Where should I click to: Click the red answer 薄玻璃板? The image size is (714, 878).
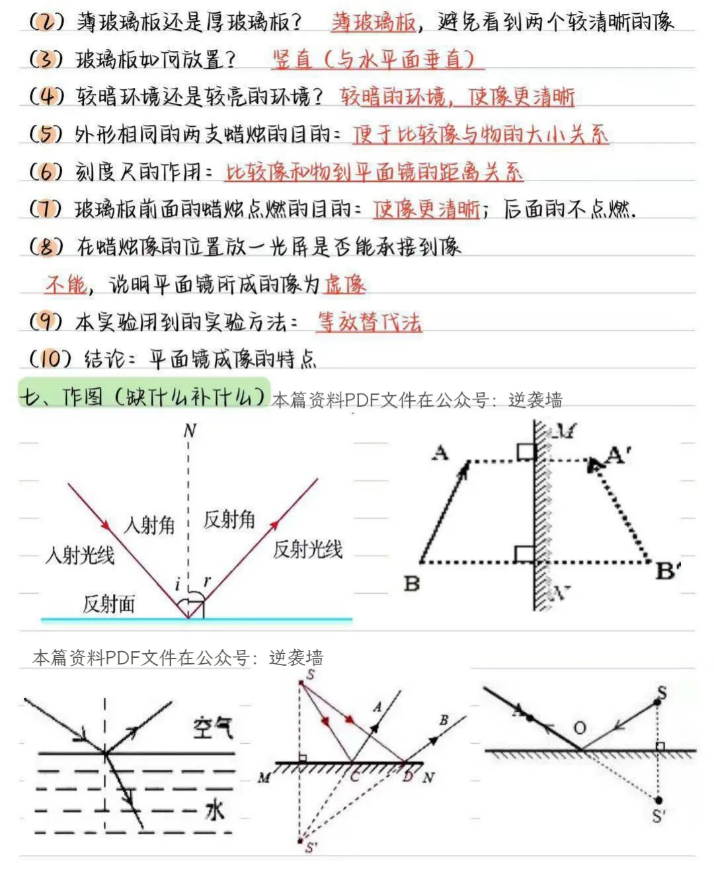374,22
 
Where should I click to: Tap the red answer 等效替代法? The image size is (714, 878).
369,322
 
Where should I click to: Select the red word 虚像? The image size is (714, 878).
345,284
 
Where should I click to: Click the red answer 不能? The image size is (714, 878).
66,284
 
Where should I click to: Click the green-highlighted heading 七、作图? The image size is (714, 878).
142,397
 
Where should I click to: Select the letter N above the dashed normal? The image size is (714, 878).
190,431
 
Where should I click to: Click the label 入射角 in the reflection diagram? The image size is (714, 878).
149,525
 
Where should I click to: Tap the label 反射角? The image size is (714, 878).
229,520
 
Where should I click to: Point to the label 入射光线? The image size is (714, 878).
79,554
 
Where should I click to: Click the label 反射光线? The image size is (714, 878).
307,549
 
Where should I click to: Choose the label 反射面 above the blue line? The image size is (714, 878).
108,603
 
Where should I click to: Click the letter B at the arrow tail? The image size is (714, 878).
412,584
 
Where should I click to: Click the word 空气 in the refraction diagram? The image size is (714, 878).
213,727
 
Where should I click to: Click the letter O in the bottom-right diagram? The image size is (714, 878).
580,728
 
